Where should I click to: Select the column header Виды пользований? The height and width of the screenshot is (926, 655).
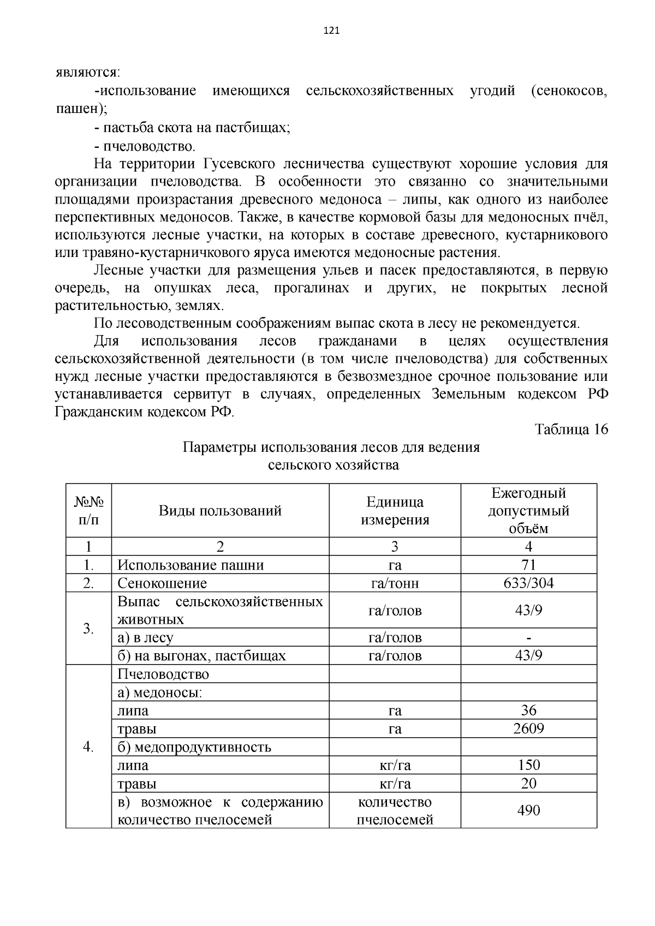coord(220,511)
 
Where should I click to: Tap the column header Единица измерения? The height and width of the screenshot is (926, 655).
coord(395,511)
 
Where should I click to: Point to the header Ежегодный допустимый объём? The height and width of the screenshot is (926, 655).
coord(528,511)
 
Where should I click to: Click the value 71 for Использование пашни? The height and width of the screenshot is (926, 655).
coord(528,565)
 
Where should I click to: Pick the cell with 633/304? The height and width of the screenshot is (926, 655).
coord(528,583)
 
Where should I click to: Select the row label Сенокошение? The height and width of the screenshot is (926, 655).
coord(162,583)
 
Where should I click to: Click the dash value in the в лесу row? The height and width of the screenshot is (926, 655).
coord(528,638)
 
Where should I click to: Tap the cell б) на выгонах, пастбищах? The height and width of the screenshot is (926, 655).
coord(201,656)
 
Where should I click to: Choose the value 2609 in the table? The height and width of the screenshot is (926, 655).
coord(528,728)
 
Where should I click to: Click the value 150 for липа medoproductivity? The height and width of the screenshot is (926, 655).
coord(528,765)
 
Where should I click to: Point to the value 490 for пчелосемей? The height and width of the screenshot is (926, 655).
coord(528,810)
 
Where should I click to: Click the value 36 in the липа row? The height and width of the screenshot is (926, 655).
coord(528,710)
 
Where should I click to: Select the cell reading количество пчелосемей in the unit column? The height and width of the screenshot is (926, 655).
coord(395,810)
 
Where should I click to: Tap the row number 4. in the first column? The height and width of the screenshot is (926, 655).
coord(88,746)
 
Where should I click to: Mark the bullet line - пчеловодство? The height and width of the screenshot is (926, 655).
coord(144,146)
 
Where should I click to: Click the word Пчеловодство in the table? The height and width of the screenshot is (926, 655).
coord(163,674)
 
